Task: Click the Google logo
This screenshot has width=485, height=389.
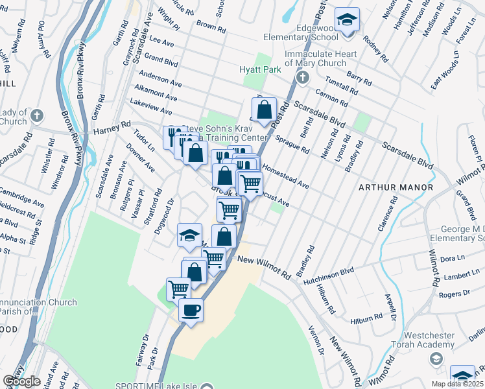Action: (x=21, y=381)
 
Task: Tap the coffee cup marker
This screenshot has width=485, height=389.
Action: (x=191, y=311)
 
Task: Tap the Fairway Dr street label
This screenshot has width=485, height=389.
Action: (x=145, y=348)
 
